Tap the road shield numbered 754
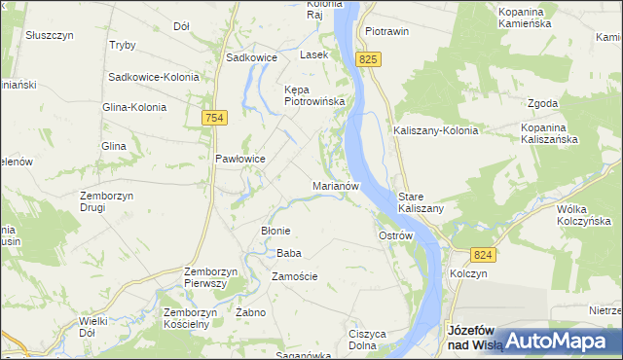(x=215, y=118)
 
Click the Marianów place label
(x=337, y=185)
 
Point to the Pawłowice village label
(x=240, y=159)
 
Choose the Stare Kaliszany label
(x=421, y=202)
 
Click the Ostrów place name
(x=396, y=235)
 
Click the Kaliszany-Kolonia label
(x=435, y=130)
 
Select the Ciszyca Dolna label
(x=368, y=340)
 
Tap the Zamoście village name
(x=294, y=276)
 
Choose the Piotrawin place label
(x=385, y=31)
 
